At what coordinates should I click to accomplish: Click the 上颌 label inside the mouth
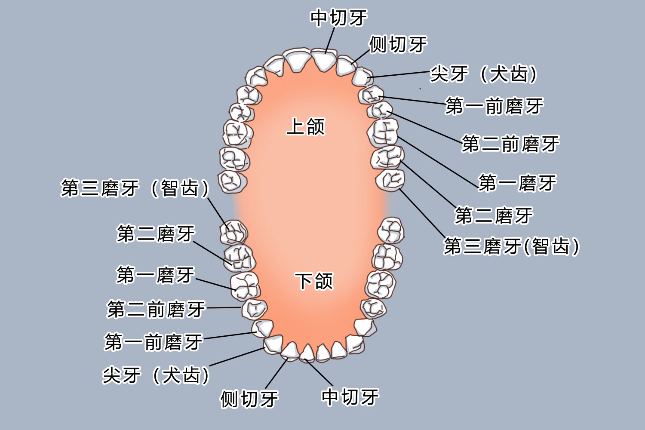point(306,126)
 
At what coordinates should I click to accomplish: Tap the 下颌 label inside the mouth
point(314,281)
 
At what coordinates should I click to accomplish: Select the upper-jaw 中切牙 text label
point(339,18)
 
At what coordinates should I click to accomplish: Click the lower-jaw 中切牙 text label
point(350,396)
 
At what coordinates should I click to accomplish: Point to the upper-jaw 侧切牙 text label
point(398,44)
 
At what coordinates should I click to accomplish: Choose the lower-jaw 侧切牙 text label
point(249,399)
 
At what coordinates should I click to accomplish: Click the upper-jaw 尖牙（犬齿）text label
point(484,74)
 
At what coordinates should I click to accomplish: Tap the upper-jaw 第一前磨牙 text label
point(494,106)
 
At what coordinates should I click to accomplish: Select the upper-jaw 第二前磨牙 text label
point(510,144)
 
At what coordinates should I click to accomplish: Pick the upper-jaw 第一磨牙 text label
point(518,183)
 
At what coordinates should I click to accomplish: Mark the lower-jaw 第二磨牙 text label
point(156,234)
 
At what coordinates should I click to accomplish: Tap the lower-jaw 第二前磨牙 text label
point(156,309)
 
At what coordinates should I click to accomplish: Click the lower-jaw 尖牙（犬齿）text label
point(156,375)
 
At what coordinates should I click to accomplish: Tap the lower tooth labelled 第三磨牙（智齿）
point(233,232)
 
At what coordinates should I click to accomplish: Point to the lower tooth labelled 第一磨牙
point(244,285)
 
